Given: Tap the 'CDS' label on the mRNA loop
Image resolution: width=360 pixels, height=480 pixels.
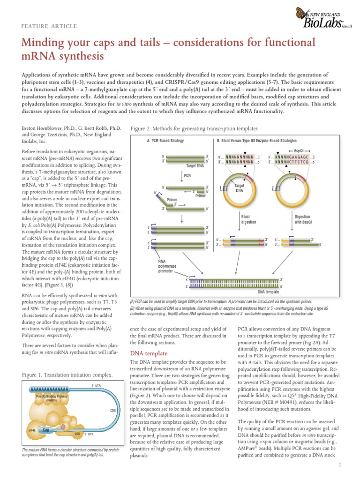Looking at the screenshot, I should click(x=112, y=410).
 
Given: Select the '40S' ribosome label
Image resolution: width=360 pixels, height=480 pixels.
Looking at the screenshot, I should click(x=77, y=434).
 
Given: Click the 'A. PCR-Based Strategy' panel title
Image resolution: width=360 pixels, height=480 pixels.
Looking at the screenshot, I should click(x=165, y=141).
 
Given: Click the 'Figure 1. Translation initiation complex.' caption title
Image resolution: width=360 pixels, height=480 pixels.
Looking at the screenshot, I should click(x=67, y=375).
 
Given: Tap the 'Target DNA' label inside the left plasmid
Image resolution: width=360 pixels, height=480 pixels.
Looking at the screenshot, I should click(x=239, y=188).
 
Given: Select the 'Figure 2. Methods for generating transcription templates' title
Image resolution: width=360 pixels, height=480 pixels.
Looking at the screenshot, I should click(x=194, y=128).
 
